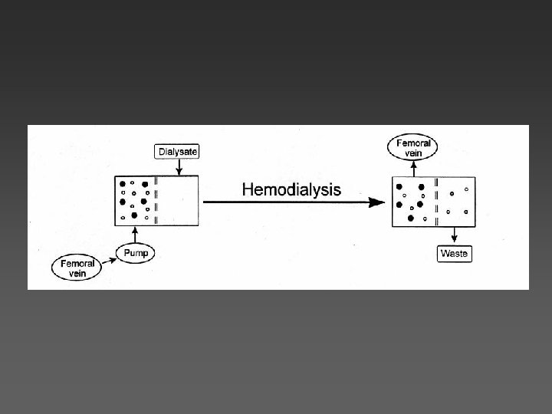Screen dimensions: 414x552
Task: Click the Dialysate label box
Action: (177, 153)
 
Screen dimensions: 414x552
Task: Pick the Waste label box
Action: (454, 252)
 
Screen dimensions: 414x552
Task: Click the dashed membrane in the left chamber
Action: (156, 201)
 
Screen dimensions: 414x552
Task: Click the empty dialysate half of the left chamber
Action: (178, 201)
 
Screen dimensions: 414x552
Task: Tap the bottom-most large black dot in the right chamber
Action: (410, 219)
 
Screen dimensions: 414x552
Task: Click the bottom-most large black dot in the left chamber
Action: (135, 216)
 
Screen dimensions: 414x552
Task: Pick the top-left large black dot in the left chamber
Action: (122, 183)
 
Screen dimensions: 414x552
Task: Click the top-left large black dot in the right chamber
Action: (399, 186)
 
